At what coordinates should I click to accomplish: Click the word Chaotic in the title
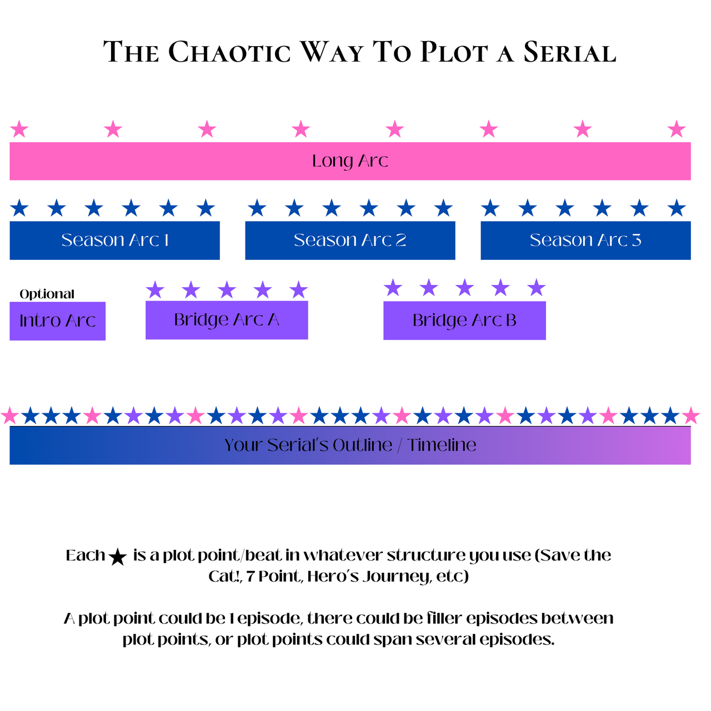pyautogui.click(x=229, y=53)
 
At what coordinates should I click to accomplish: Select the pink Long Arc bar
pyautogui.click(x=350, y=161)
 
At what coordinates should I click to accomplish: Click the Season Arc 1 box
pyautogui.click(x=114, y=240)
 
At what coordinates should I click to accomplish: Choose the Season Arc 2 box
pyautogui.click(x=350, y=240)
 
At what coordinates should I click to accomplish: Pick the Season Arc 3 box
pyautogui.click(x=585, y=240)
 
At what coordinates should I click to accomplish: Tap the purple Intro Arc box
pyautogui.click(x=57, y=321)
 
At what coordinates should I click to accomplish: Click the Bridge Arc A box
pyautogui.click(x=227, y=320)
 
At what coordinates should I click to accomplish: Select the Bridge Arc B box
pyautogui.click(x=464, y=321)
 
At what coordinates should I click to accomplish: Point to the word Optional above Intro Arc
pyautogui.click(x=47, y=294)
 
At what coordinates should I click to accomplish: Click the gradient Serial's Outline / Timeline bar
pyautogui.click(x=350, y=445)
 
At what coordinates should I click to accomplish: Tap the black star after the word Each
pyautogui.click(x=118, y=557)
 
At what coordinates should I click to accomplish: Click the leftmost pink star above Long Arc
pyautogui.click(x=19, y=129)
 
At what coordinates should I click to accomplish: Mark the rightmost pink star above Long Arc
pyautogui.click(x=676, y=129)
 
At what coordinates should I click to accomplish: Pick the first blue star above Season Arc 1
pyautogui.click(x=19, y=208)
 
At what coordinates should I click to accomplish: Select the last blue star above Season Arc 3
pyautogui.click(x=676, y=208)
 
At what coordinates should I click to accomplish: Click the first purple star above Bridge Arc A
pyautogui.click(x=155, y=289)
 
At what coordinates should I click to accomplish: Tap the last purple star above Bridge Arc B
pyautogui.click(x=536, y=288)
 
